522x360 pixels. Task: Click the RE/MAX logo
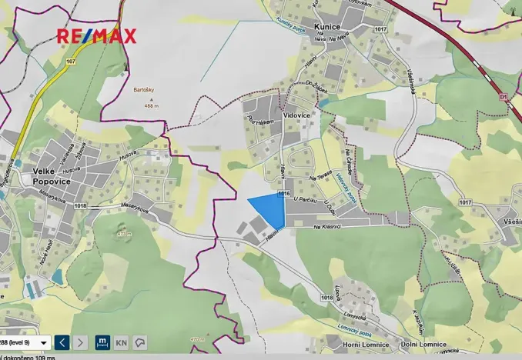click(96, 35)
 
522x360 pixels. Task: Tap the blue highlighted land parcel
click(269, 208)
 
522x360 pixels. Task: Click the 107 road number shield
click(72, 61)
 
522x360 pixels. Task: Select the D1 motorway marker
click(504, 98)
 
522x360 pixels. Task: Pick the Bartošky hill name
click(144, 89)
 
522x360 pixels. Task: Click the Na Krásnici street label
click(327, 227)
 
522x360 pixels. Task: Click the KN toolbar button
click(122, 342)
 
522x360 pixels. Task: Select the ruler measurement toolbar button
click(102, 342)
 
